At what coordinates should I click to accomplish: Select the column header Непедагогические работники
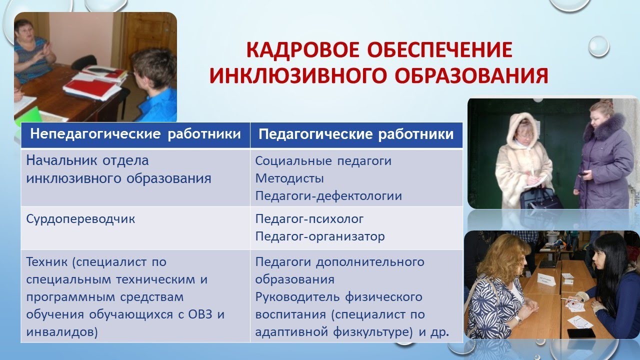coord(135,134)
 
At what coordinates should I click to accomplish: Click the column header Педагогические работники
coord(356,134)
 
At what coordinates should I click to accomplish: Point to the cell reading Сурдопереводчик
coord(80,219)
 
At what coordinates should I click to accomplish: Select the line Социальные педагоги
coord(323,161)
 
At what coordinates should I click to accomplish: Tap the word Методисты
coord(289,178)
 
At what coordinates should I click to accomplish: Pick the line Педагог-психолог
coord(309,219)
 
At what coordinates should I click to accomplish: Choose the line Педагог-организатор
coord(320,236)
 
